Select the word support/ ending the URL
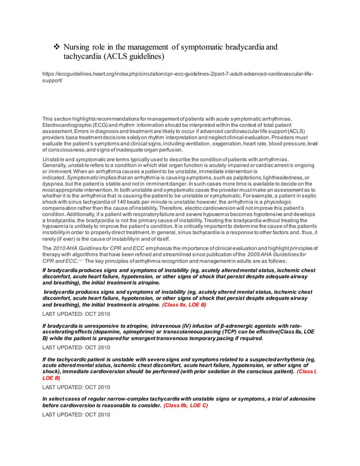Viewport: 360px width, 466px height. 52,81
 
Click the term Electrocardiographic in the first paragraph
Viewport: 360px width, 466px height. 70,125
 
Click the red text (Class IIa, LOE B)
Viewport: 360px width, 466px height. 184,304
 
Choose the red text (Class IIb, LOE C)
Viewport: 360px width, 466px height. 186,405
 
